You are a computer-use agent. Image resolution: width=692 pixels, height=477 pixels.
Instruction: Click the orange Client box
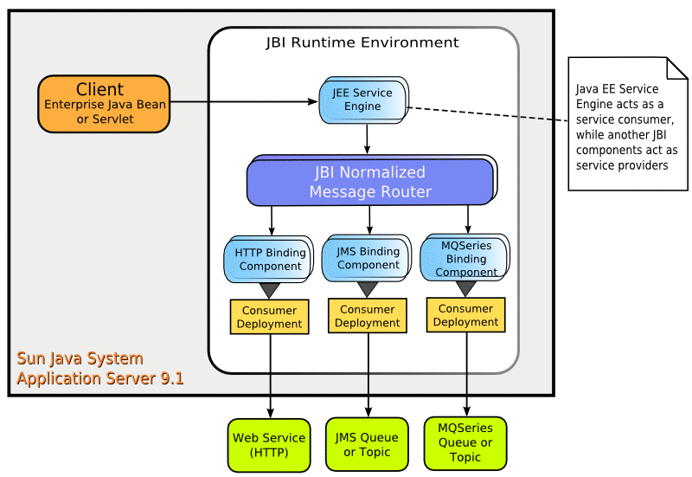(x=104, y=103)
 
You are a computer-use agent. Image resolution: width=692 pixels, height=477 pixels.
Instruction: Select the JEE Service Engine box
(x=362, y=100)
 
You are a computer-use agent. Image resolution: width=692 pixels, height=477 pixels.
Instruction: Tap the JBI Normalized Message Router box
(x=370, y=181)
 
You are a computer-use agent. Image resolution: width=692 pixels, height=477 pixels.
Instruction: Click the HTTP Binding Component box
(x=270, y=259)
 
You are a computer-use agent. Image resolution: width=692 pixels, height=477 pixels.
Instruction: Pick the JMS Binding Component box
(x=368, y=258)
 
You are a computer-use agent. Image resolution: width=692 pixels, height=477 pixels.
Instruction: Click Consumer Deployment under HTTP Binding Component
(x=270, y=317)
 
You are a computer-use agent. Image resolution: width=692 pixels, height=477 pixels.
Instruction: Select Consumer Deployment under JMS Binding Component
(x=368, y=316)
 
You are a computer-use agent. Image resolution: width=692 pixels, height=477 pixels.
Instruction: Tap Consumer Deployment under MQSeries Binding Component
(x=466, y=315)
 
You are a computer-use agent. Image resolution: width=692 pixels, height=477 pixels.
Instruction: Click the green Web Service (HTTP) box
(x=270, y=445)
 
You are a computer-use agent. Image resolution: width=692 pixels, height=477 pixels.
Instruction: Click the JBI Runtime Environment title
(x=362, y=42)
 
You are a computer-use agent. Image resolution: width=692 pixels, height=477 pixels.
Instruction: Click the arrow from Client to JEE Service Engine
(x=242, y=101)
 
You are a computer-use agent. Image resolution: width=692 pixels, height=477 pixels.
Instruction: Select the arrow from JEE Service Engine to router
(x=368, y=139)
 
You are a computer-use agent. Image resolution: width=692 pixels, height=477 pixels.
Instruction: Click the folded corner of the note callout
(x=676, y=68)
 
